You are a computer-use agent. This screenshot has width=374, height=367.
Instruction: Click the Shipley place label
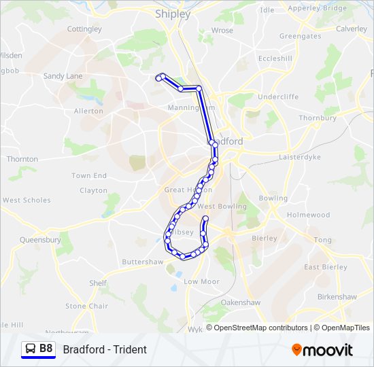pyautogui.click(x=173, y=13)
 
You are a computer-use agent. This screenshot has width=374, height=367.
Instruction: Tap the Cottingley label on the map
pyautogui.click(x=85, y=29)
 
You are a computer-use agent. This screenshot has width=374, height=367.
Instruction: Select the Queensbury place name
pyautogui.click(x=40, y=240)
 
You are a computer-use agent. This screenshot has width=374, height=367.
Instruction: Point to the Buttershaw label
pyautogui.click(x=142, y=262)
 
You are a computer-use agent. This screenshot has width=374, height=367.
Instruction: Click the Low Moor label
pyautogui.click(x=201, y=281)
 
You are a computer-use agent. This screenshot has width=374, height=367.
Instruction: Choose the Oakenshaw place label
pyautogui.click(x=241, y=302)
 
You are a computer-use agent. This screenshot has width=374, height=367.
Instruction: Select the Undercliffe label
pyautogui.click(x=278, y=97)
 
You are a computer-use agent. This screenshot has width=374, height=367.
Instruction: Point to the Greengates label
pyautogui.click(x=300, y=36)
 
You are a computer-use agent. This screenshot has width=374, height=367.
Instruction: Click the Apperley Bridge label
pyautogui.click(x=318, y=9)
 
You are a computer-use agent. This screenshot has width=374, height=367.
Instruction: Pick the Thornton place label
pyautogui.click(x=22, y=158)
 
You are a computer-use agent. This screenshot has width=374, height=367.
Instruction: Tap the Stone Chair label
pyautogui.click(x=86, y=306)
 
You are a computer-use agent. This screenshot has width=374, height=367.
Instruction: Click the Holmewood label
pyautogui.click(x=308, y=215)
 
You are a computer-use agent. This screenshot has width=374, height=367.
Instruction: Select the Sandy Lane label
pyautogui.click(x=63, y=76)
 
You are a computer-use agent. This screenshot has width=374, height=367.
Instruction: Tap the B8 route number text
pyautogui.click(x=46, y=349)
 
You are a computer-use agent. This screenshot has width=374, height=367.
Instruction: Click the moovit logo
pyautogui.click(x=322, y=350)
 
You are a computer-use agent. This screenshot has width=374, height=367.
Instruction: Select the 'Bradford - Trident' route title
pyautogui.click(x=105, y=350)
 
